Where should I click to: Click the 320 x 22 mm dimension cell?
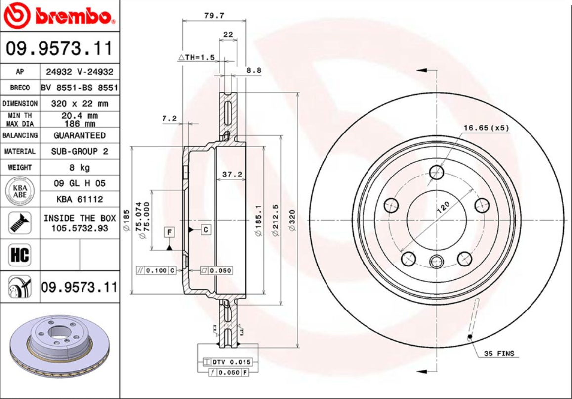(80, 104)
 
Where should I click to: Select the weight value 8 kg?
(80, 167)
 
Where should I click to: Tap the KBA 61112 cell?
(80, 199)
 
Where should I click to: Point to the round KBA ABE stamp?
(20, 191)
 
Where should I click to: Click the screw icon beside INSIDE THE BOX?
(20, 223)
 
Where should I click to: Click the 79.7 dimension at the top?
(214, 15)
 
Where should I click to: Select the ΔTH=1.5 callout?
(196, 57)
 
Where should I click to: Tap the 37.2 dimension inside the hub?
(231, 174)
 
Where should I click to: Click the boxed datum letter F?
(169, 231)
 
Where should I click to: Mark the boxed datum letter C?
(206, 229)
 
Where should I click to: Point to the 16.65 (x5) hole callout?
(486, 128)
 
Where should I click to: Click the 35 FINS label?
(499, 354)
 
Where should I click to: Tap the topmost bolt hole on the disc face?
(436, 172)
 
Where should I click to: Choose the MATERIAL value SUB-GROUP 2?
(80, 151)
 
